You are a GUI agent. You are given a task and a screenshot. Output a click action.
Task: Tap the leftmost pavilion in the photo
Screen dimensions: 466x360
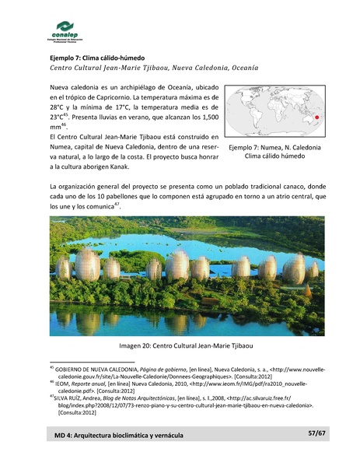pyautogui.click(x=63, y=268)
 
